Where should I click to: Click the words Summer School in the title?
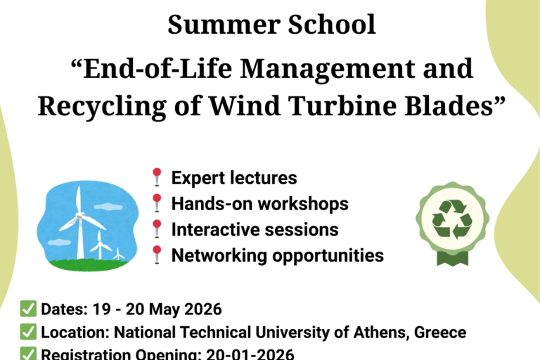(x=271, y=25)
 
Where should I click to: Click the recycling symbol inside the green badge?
(x=451, y=219)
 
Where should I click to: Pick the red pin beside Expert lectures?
(x=157, y=177)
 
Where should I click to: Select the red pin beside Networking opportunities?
(x=157, y=254)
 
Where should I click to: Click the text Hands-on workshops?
(x=259, y=204)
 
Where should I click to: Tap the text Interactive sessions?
(x=255, y=229)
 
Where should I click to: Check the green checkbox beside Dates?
(x=28, y=309)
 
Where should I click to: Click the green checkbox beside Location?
(x=28, y=332)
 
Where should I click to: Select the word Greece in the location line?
(x=441, y=332)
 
